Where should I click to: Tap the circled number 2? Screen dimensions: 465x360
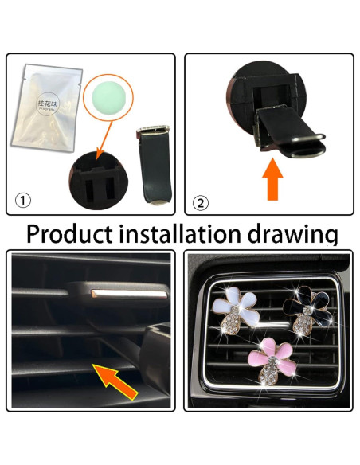point(201,202)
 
